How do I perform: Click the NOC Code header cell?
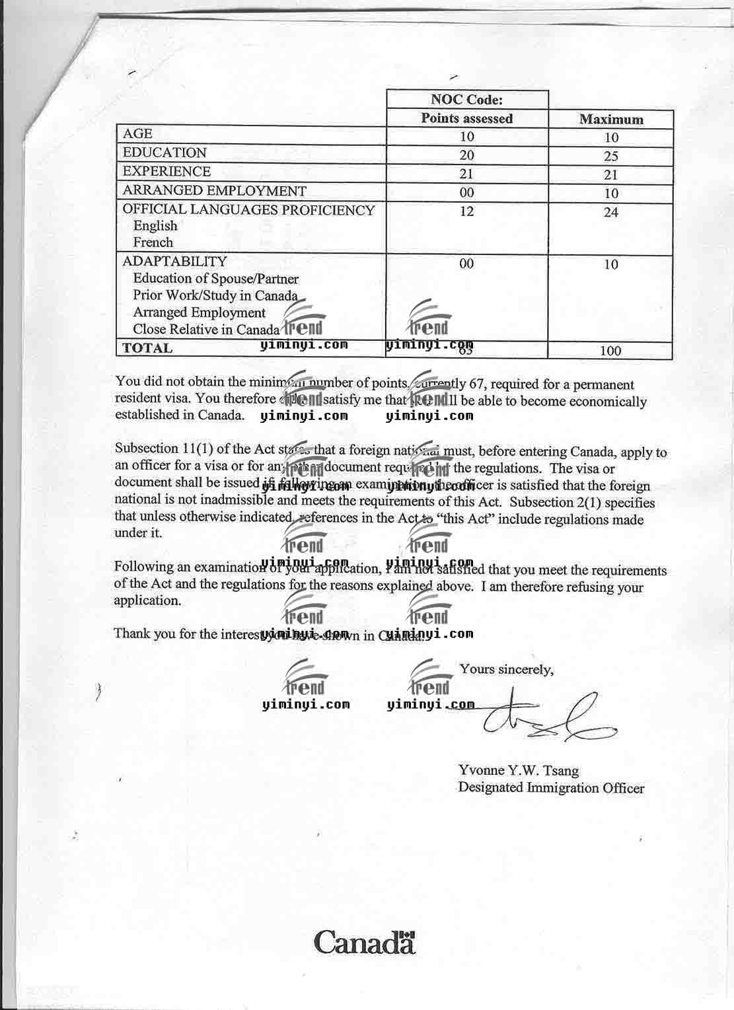point(466,100)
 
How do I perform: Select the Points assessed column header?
point(466,118)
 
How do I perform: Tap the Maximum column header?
point(611,120)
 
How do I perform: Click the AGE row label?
point(137,133)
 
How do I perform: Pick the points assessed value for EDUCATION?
point(466,155)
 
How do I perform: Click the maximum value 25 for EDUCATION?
point(611,157)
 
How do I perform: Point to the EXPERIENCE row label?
point(166,171)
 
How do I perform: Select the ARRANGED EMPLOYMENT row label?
point(214,191)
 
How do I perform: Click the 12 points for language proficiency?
point(466,211)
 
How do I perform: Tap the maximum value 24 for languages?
point(611,212)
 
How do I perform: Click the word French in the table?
point(153,242)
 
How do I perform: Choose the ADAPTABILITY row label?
point(174,261)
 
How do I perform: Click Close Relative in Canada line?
point(206,329)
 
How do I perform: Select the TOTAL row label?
point(147,348)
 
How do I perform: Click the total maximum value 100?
point(610,351)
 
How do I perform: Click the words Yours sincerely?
point(506,669)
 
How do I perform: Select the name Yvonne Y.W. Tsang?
point(518,770)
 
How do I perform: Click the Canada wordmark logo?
point(365,941)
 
